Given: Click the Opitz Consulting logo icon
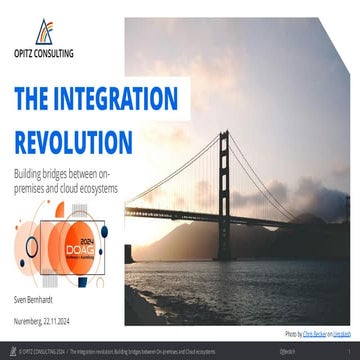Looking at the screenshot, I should pyautogui.click(x=43, y=32).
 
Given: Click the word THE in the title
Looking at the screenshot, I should pyautogui.click(x=33, y=99).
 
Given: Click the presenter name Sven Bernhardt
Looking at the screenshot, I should pyautogui.click(x=36, y=299).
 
